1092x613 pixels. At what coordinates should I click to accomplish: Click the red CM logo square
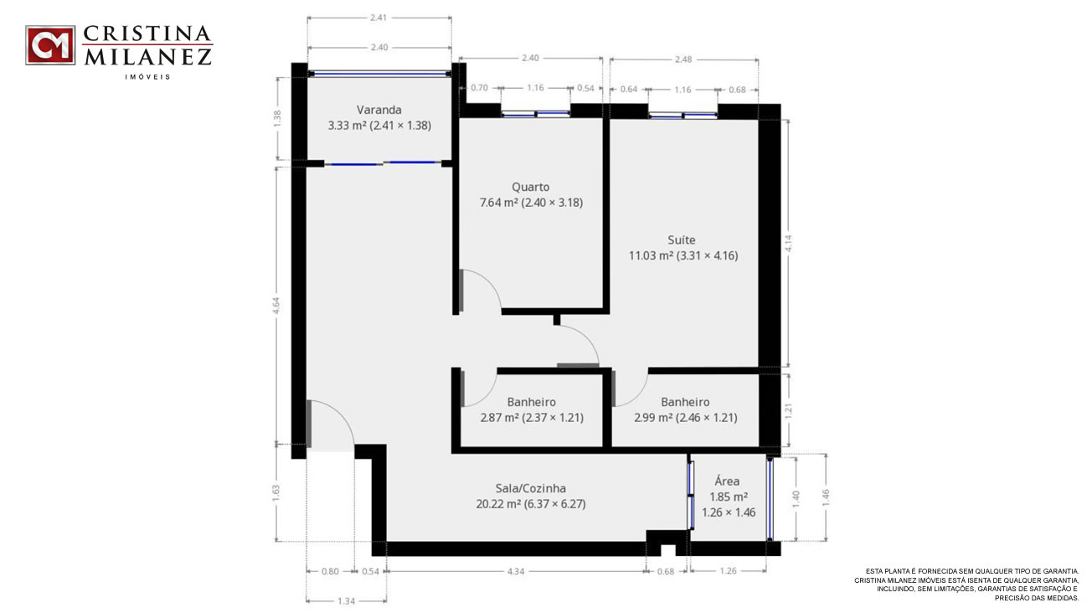[50, 45]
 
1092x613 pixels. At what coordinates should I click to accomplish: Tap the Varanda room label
[379, 110]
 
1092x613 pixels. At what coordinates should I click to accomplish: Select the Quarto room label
[530, 188]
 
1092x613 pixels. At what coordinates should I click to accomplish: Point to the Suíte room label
[682, 240]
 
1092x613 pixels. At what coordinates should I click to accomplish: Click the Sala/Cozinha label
[531, 488]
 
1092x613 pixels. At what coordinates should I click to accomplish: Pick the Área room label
[727, 481]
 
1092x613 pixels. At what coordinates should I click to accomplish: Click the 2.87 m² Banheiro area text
[532, 417]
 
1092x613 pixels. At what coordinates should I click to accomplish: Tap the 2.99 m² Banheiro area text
[685, 417]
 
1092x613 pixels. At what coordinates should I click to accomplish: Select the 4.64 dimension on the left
[276, 306]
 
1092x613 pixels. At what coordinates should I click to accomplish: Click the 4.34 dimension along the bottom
[516, 571]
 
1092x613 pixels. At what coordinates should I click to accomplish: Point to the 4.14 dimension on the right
[788, 244]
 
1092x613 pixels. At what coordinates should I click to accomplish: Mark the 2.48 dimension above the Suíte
[683, 59]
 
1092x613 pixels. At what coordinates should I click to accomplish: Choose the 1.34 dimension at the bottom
[346, 601]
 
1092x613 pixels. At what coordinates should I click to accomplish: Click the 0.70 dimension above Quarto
[479, 88]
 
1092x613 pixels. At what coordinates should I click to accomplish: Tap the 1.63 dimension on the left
[276, 492]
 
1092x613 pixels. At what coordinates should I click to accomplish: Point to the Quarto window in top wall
[536, 114]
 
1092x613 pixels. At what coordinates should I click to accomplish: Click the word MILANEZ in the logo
[148, 57]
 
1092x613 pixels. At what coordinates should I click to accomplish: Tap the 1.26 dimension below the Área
[728, 570]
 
